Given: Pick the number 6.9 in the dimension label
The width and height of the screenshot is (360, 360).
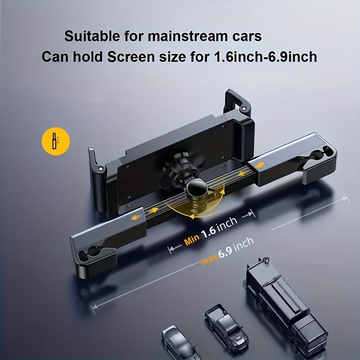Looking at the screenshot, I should click(x=224, y=250).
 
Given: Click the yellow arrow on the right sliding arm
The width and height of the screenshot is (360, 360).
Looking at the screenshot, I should click(x=260, y=165).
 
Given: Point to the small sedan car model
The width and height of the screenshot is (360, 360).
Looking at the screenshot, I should click(x=179, y=342).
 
